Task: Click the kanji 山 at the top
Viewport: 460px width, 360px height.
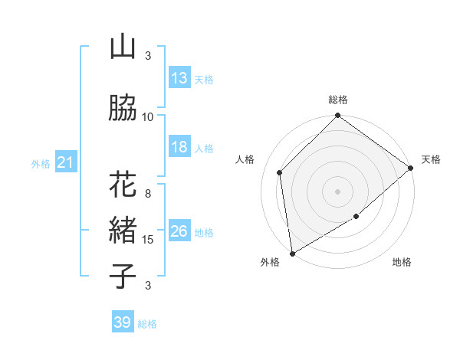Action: (123, 47)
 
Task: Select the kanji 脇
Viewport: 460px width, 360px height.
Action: (123, 108)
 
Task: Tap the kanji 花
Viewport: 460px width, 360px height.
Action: (123, 186)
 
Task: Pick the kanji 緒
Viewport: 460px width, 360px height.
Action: (123, 231)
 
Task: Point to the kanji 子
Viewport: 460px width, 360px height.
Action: (123, 276)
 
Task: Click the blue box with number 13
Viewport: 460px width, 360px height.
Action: (179, 78)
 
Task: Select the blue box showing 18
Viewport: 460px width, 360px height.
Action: (179, 147)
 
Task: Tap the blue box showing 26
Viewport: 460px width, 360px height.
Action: (179, 231)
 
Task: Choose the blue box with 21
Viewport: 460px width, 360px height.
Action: (65, 162)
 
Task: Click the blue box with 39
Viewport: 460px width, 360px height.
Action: (123, 322)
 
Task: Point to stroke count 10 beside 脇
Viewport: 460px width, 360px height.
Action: (148, 116)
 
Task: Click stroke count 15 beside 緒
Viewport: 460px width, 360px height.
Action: (148, 240)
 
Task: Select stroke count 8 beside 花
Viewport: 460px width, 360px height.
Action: (148, 194)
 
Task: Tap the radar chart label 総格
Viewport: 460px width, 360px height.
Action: (338, 100)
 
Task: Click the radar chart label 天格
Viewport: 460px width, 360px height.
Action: (431, 159)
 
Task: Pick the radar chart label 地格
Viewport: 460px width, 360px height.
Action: (402, 263)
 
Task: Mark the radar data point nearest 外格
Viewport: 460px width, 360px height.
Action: (292, 254)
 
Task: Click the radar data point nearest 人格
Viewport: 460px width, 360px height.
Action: (280, 172)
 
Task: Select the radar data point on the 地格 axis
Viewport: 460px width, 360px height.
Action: (357, 218)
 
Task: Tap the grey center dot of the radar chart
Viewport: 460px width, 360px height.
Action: (338, 191)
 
